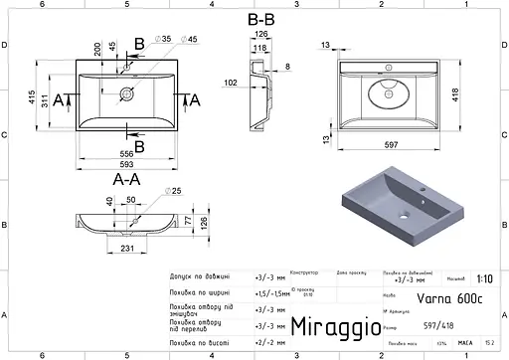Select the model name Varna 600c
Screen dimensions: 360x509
[x=429, y=296]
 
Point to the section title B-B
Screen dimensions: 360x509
[x=260, y=18]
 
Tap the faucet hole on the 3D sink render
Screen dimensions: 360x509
[x=423, y=187]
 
